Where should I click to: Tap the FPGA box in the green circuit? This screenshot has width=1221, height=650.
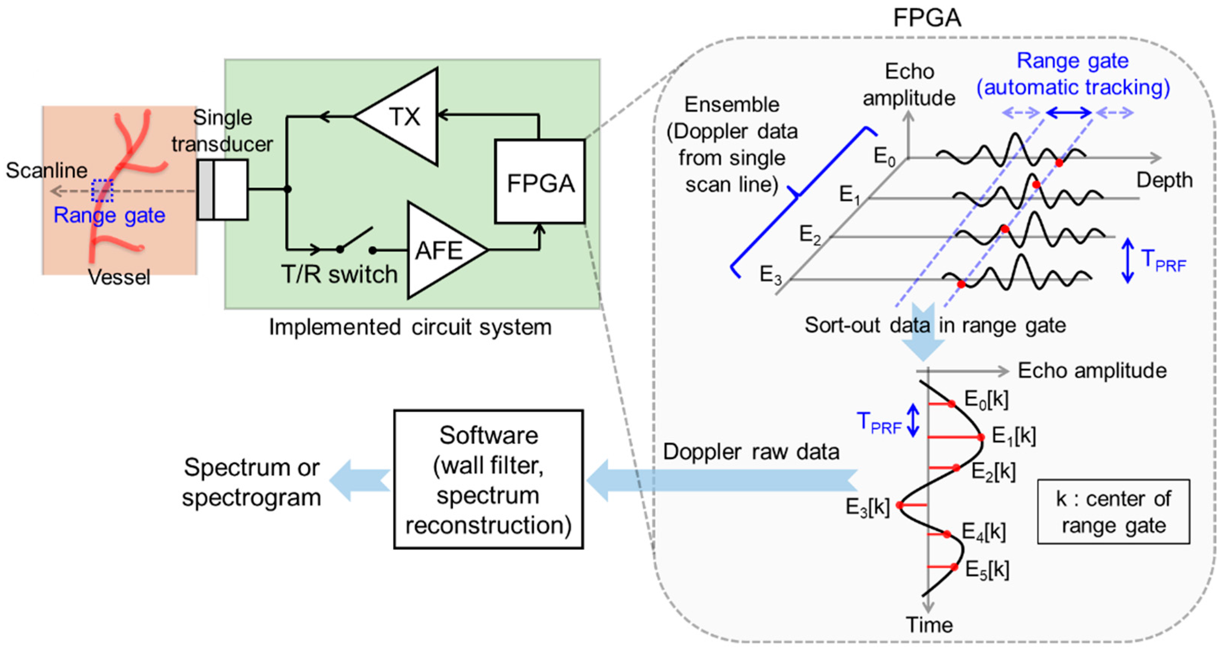(540, 182)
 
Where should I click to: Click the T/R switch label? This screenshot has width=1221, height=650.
(339, 274)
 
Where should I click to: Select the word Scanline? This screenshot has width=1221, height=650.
(47, 170)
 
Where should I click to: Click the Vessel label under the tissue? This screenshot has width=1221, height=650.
(120, 277)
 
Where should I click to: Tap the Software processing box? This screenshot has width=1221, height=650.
(488, 479)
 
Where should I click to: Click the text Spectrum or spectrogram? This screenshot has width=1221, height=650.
(251, 482)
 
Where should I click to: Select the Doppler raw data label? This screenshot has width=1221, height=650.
(751, 451)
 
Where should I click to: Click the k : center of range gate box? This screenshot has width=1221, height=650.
(1113, 512)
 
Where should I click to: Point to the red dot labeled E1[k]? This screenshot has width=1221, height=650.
(981, 437)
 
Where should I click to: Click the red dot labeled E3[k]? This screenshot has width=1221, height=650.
(899, 505)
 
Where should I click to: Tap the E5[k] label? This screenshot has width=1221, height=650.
(987, 569)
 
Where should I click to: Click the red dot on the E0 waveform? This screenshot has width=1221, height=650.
(1059, 163)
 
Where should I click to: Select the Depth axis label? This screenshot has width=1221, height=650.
(1164, 180)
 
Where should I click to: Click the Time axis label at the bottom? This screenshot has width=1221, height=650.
(929, 625)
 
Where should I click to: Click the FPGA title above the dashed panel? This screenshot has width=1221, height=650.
(927, 18)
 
